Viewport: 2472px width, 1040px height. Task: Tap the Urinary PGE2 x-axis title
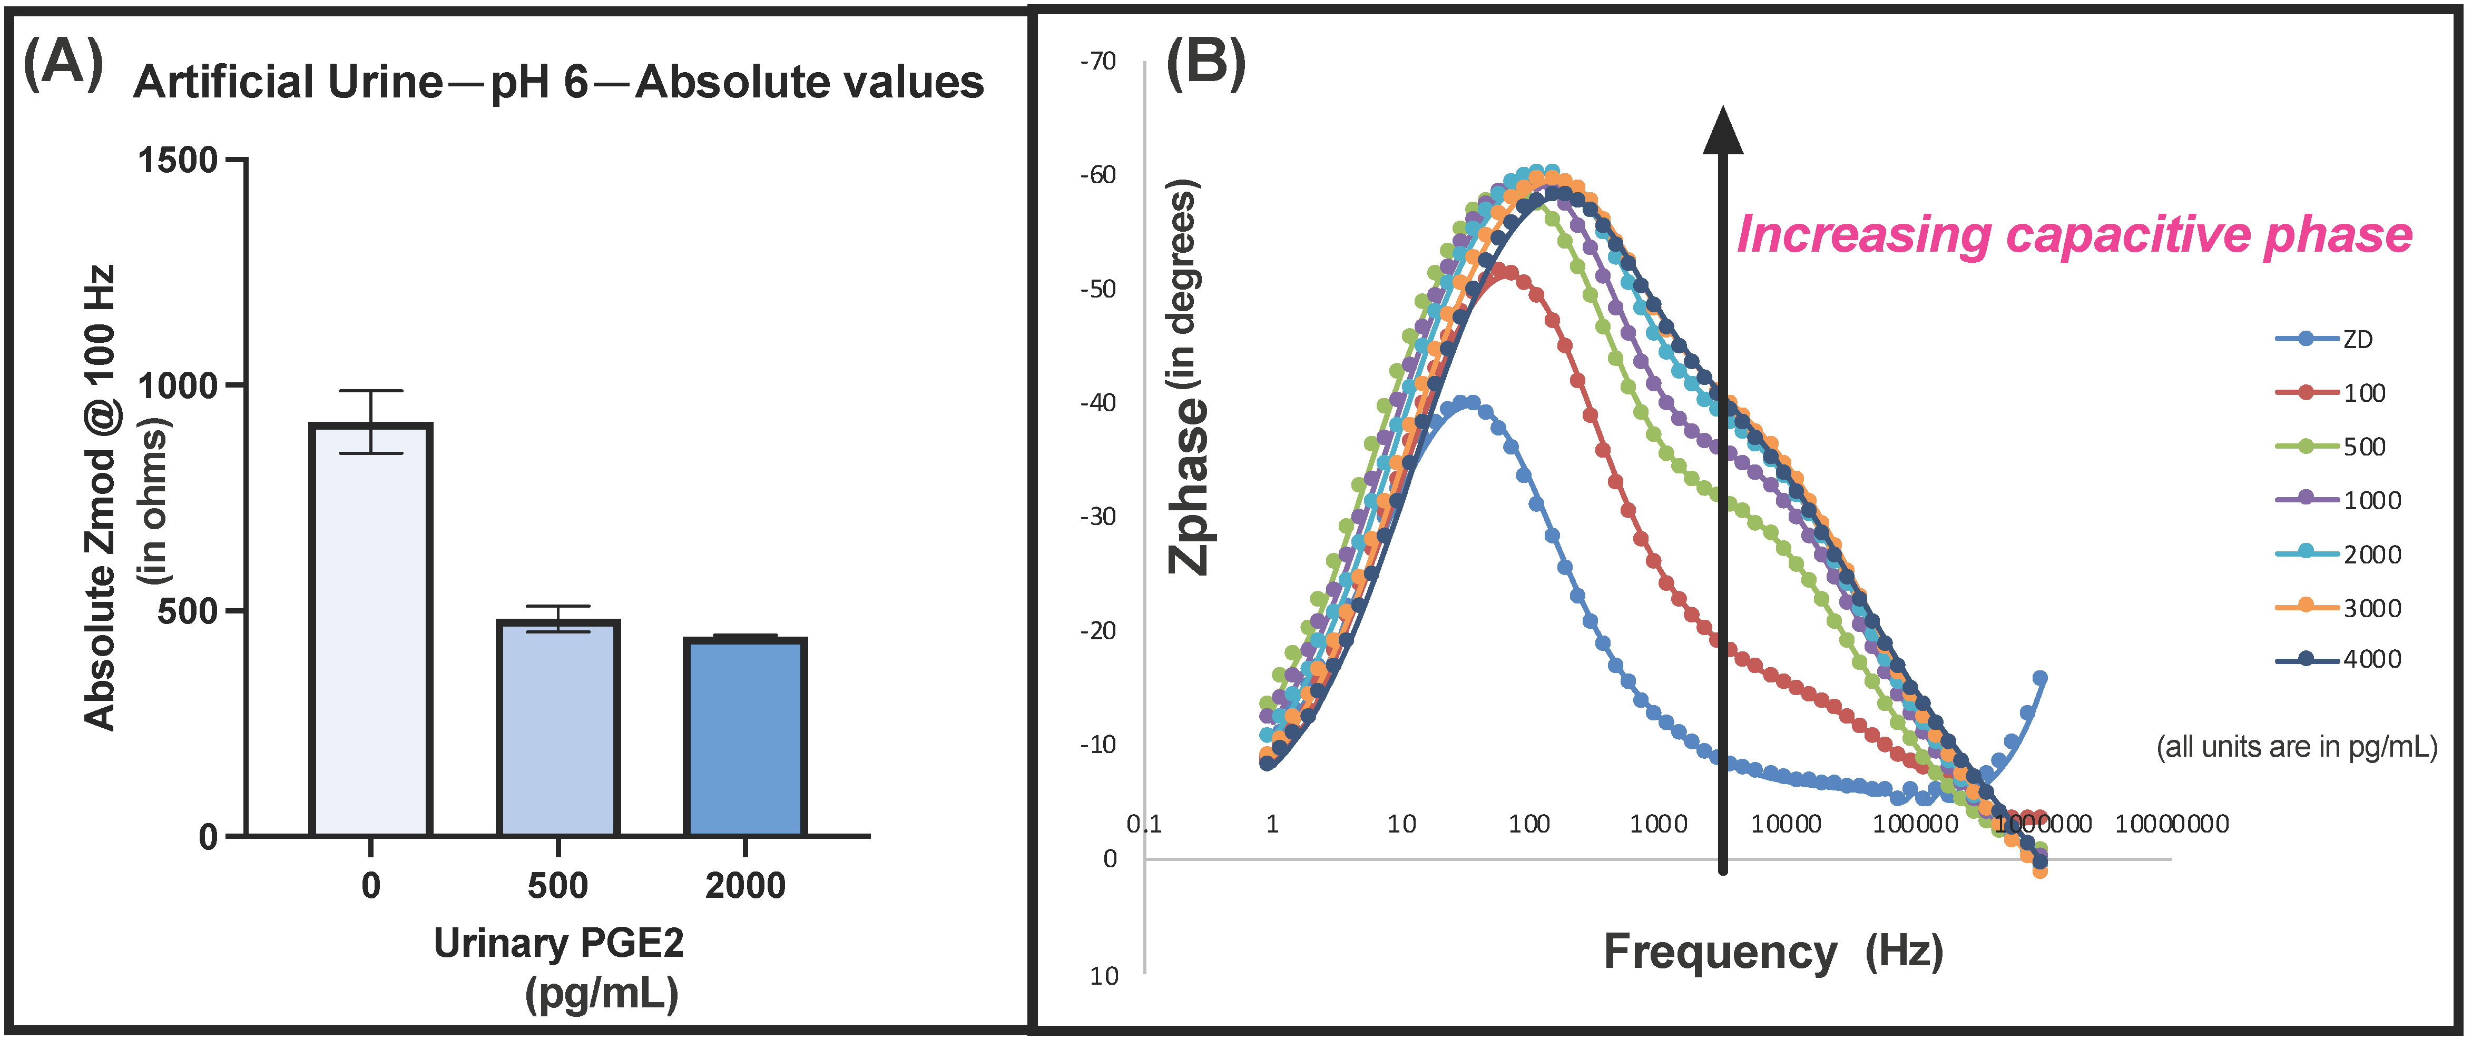pyautogui.click(x=558, y=944)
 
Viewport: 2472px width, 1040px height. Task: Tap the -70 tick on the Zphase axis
pyautogui.click(x=1099, y=62)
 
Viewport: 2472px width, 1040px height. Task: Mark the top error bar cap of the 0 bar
pyautogui.click(x=370, y=391)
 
